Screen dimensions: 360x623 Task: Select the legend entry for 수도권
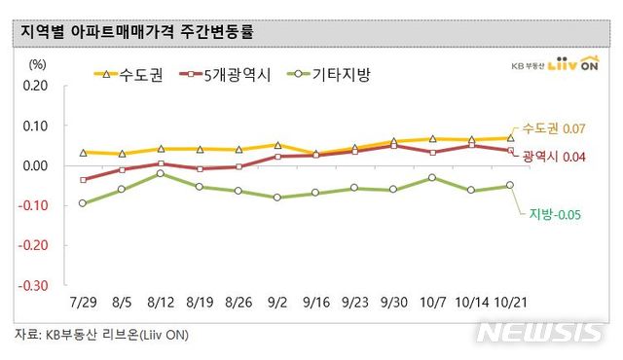tap(119, 73)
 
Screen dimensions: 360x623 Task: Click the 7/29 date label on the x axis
tap(83, 303)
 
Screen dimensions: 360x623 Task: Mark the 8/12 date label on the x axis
tap(160, 303)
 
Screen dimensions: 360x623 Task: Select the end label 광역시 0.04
tap(553, 156)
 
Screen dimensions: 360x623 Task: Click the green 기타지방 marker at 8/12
tap(160, 173)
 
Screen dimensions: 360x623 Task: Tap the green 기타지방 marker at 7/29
tap(83, 203)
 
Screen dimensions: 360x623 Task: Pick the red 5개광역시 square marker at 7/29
tap(83, 180)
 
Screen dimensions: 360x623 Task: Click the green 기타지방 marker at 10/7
tap(431, 178)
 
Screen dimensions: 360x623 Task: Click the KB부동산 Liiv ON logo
tap(556, 64)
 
